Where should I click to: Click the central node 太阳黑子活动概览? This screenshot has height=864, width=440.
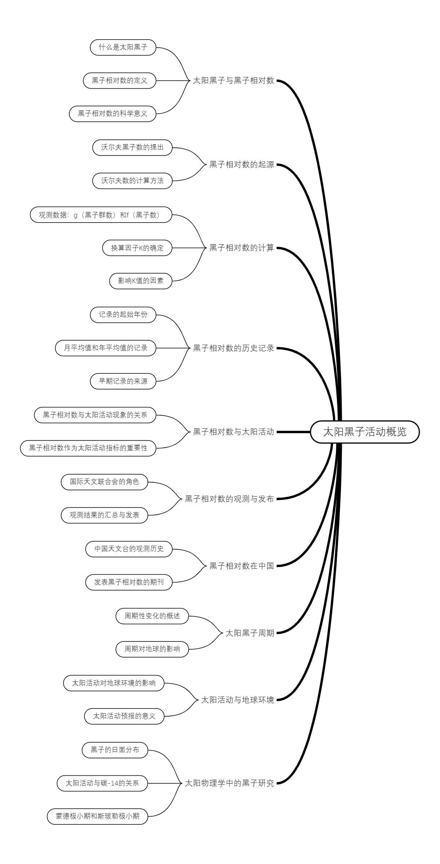click(x=364, y=432)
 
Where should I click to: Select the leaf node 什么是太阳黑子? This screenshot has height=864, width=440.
click(x=123, y=47)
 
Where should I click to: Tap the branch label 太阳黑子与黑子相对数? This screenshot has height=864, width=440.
click(x=234, y=81)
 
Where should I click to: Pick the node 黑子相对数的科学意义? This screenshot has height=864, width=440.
click(x=113, y=114)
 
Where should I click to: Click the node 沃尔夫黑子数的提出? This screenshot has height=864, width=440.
click(x=132, y=147)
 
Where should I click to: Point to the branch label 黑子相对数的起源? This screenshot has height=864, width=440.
click(x=242, y=164)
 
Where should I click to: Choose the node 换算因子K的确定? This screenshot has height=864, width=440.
click(x=137, y=248)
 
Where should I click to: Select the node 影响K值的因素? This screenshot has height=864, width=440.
click(x=141, y=281)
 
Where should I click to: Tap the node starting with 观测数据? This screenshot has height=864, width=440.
click(x=101, y=215)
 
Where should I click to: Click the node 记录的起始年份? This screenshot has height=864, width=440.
click(x=123, y=315)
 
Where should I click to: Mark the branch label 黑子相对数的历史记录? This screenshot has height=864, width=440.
click(x=234, y=348)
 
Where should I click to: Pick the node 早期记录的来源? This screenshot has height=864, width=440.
click(x=123, y=381)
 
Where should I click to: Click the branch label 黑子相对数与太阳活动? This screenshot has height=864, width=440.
click(x=234, y=432)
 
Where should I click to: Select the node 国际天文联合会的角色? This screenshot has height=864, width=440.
click(x=104, y=482)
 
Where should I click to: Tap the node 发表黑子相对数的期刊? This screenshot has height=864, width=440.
click(x=129, y=582)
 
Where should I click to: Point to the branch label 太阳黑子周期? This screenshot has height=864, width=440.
click(x=250, y=633)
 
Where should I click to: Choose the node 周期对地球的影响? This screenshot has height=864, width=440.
click(x=152, y=649)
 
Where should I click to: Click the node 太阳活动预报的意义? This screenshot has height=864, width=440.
click(x=124, y=716)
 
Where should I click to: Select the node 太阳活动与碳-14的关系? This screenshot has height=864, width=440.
click(x=102, y=783)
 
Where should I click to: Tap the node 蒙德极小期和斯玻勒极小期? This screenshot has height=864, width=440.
click(x=98, y=816)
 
